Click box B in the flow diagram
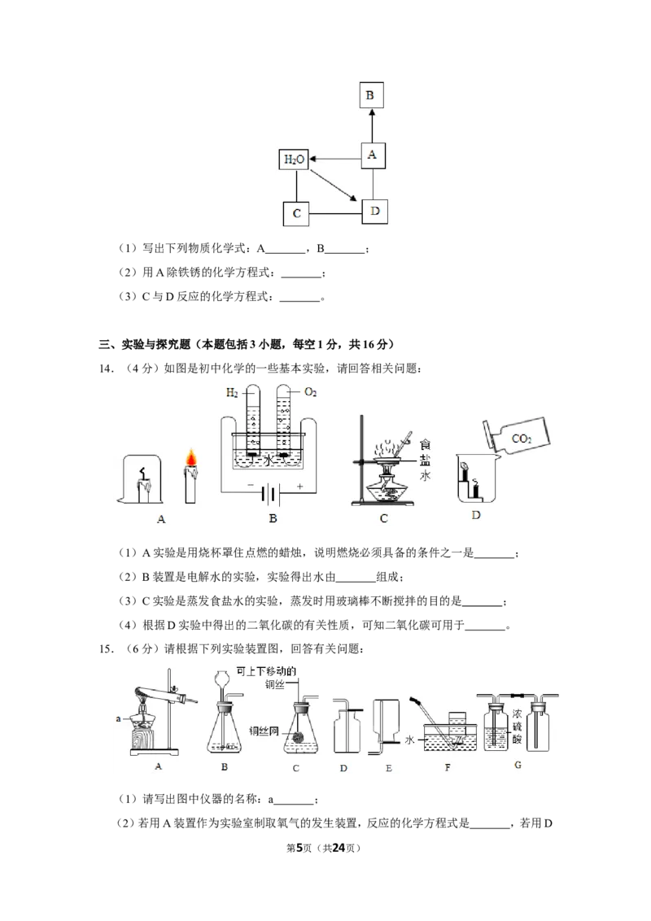tap(371, 95)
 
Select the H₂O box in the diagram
tap(294, 159)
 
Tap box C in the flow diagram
tap(297, 213)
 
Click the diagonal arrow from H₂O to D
tap(333, 186)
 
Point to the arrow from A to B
tap(371, 125)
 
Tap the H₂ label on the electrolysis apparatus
tap(232, 392)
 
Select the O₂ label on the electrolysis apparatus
tap(310, 392)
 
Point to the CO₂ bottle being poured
tap(517, 435)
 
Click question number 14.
tap(107, 369)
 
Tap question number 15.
tap(107, 649)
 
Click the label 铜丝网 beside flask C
tap(263, 731)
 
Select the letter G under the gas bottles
tap(518, 765)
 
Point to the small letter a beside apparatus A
tap(119, 718)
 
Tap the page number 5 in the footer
tap(299, 848)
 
